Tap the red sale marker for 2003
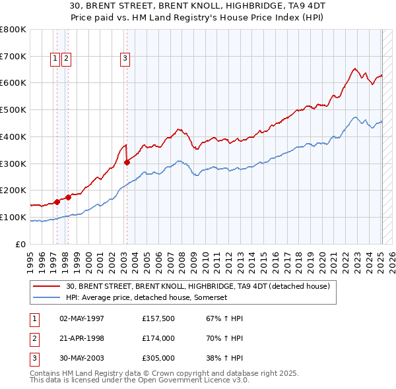(127, 162)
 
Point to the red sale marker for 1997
(57, 202)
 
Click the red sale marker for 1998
(69, 197)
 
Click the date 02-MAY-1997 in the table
(82, 318)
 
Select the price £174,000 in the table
(158, 338)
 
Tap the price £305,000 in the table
(158, 358)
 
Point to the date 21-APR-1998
(82, 338)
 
